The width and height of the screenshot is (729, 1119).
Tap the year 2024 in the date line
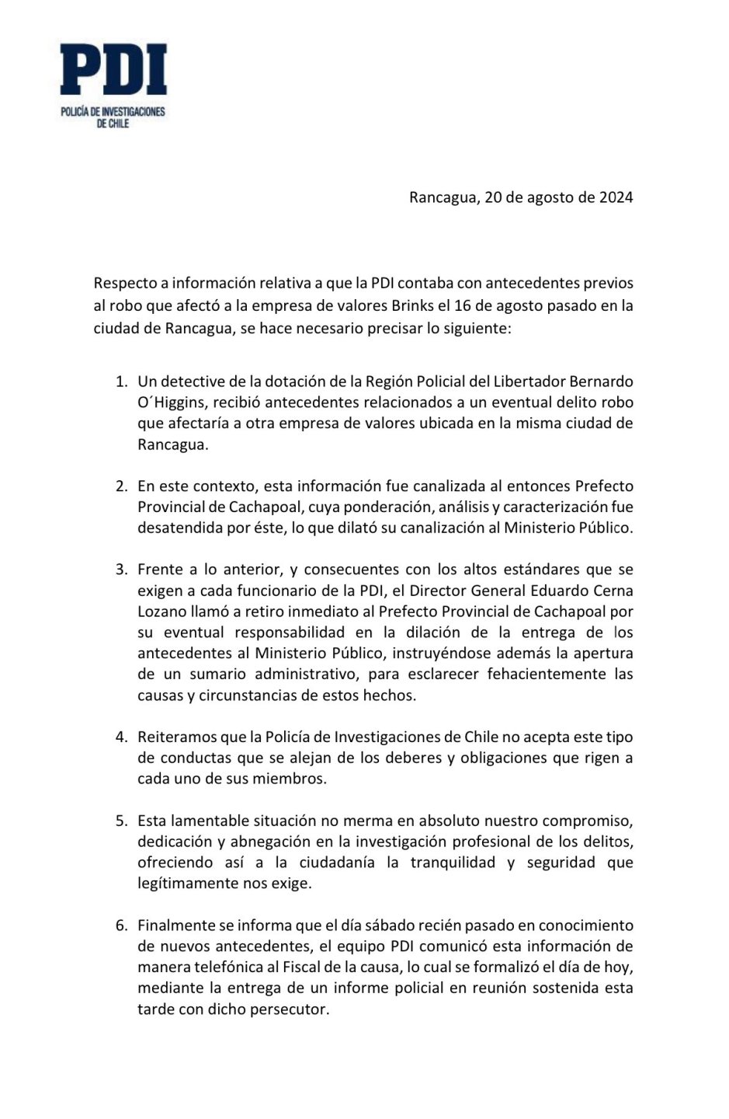(x=616, y=197)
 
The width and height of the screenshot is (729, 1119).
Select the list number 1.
(x=120, y=382)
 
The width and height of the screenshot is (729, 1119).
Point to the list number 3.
(x=120, y=569)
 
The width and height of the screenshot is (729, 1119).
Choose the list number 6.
(x=120, y=926)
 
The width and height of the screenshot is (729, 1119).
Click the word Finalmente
(x=176, y=926)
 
